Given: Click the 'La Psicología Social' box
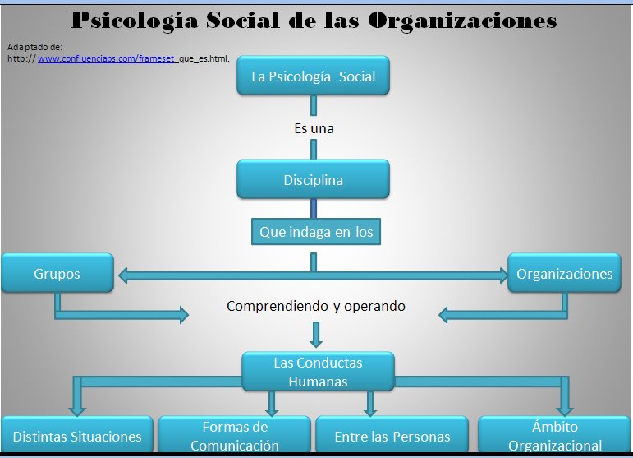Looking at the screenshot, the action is [x=314, y=76].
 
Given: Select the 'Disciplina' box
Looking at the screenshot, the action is [x=314, y=179].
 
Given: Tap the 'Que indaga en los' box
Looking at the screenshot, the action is [x=316, y=232].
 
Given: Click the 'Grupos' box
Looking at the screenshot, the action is [x=57, y=273].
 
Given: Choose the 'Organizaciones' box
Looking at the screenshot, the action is [x=564, y=273].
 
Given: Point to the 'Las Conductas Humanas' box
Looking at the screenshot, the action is [x=318, y=372].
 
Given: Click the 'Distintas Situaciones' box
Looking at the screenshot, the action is [x=77, y=434].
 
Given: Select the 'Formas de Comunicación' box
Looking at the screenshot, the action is [x=235, y=434].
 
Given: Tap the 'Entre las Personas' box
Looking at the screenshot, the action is [x=392, y=434].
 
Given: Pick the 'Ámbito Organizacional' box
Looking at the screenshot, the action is [x=555, y=434].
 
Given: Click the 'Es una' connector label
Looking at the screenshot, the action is [x=314, y=128].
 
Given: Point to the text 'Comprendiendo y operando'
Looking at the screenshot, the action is [x=316, y=306].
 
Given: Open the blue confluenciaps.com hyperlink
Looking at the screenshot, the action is [x=107, y=58].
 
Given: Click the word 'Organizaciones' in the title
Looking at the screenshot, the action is [x=462, y=21].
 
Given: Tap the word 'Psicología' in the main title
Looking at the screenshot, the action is [x=135, y=21].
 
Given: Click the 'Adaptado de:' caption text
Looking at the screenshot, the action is [x=34, y=47].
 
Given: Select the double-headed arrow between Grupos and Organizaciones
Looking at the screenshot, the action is [x=314, y=275].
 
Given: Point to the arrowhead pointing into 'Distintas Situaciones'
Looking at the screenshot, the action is [x=77, y=410].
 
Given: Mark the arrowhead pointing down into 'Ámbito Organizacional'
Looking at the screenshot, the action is [x=565, y=410].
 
